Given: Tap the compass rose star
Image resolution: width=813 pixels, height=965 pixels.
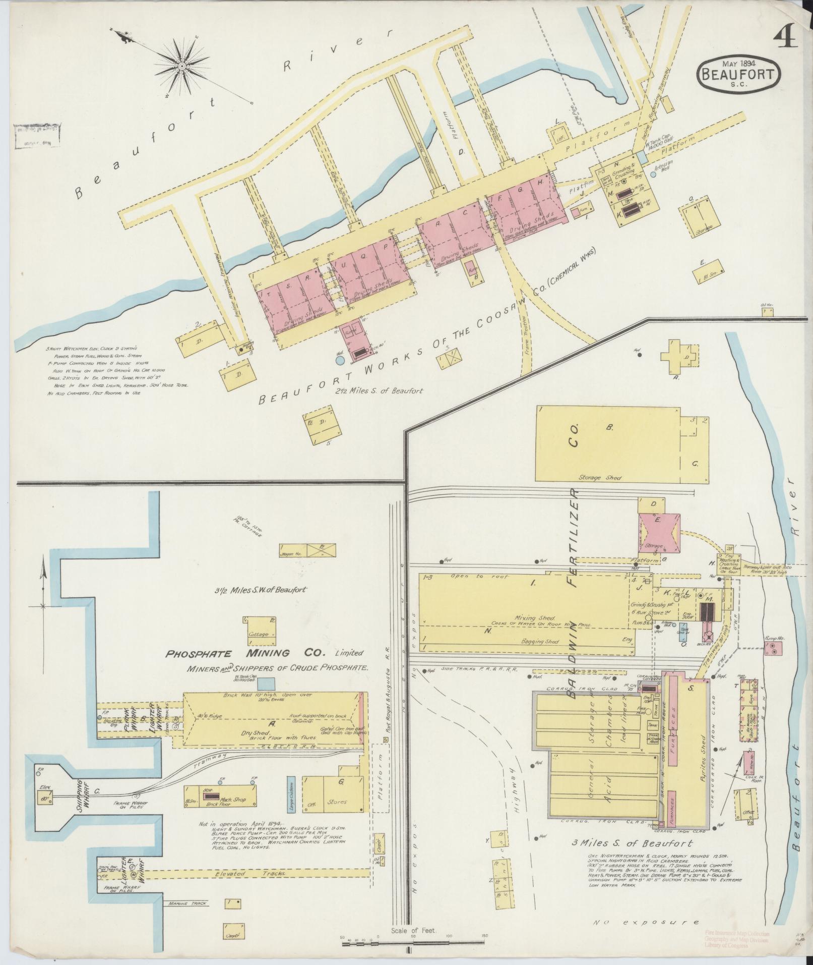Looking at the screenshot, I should pos(182,64).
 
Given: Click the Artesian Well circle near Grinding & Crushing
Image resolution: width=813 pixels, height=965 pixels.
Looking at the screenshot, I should pos(653,175).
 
